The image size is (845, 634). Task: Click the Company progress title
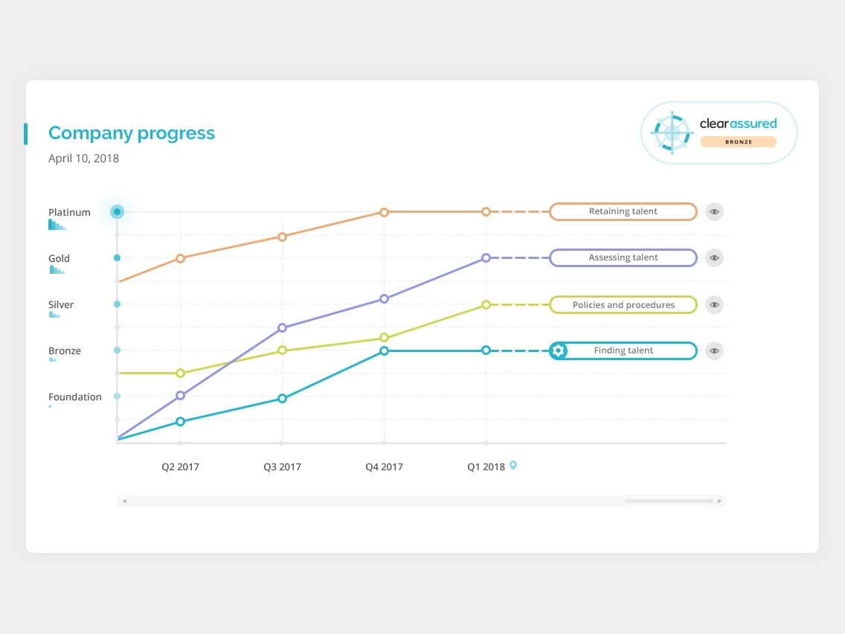point(132,134)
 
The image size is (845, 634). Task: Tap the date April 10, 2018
point(83,158)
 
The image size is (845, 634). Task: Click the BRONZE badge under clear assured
point(738,141)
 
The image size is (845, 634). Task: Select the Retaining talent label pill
point(623,211)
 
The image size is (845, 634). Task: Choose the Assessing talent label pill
point(623,257)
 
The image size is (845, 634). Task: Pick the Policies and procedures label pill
point(623,304)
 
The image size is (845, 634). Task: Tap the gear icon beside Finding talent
point(559,350)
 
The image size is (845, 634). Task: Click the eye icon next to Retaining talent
point(714,211)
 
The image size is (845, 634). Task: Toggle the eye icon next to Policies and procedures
point(714,304)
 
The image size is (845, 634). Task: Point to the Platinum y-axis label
point(69,212)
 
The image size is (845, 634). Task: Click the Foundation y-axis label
point(75,397)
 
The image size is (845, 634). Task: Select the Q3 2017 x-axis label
point(282,467)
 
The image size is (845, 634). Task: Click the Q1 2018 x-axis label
point(486,467)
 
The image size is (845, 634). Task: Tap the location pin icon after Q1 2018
point(513,466)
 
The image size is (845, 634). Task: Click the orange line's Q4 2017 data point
point(384,212)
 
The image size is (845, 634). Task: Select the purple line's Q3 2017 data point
point(282,327)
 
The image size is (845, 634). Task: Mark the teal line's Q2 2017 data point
point(180,421)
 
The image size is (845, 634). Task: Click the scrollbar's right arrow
point(719,501)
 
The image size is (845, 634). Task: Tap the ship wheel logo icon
point(672,132)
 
